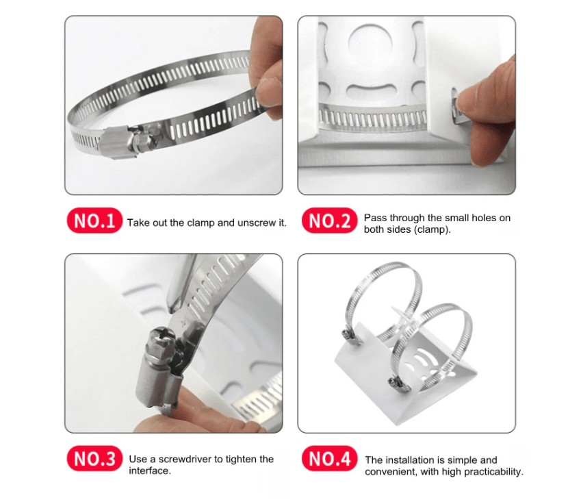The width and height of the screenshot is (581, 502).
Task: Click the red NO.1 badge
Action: point(94,221)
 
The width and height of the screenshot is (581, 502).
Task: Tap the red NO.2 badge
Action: point(329,221)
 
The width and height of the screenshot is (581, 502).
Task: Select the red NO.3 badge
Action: point(94,459)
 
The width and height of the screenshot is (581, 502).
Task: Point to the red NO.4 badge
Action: point(329,459)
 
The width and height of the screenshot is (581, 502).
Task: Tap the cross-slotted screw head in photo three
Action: point(162,339)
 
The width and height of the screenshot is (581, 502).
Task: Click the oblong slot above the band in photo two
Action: point(371,91)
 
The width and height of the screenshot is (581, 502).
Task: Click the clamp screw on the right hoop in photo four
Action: point(396,384)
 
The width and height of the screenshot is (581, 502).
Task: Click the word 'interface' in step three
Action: point(149,471)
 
